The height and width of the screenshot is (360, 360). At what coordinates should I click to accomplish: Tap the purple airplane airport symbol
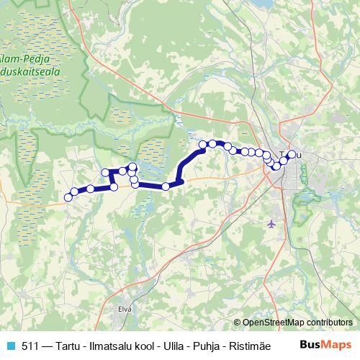coord(271,223)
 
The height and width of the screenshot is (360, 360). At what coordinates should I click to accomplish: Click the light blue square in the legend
coord(9,345)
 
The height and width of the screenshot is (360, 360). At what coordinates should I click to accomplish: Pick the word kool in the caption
coord(138,345)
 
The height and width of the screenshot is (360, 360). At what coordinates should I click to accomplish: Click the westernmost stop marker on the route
coord(68,197)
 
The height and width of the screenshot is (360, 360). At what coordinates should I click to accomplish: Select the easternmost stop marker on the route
coord(292,154)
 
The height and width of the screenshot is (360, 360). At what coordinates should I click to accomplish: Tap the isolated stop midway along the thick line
coord(166,186)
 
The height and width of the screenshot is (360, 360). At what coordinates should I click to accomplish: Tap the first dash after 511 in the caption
coord(46,345)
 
